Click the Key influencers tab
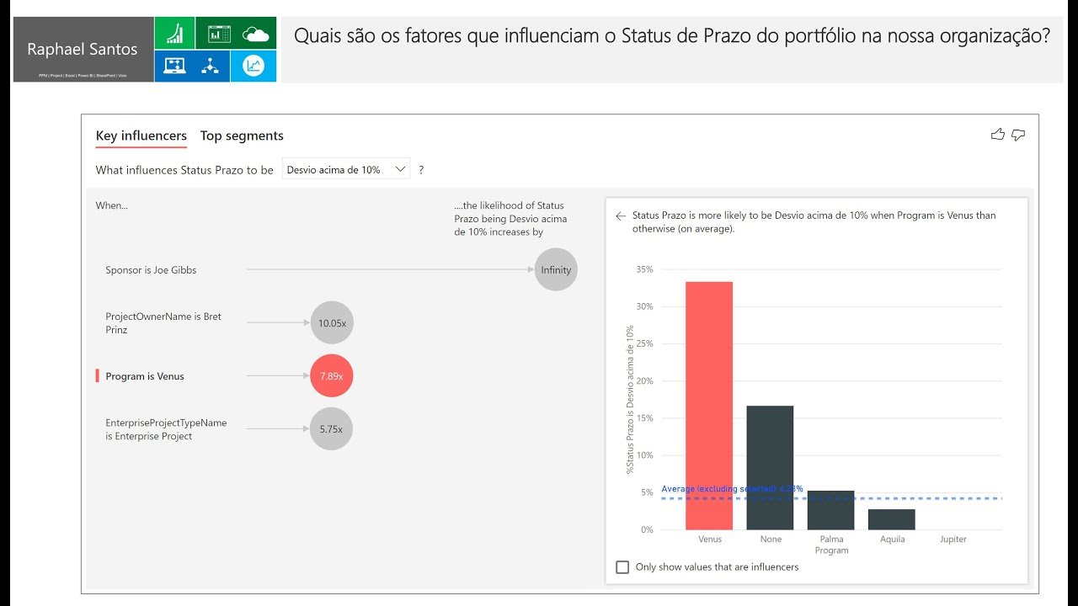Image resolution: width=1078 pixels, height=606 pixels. (141, 136)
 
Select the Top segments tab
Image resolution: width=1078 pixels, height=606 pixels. (242, 136)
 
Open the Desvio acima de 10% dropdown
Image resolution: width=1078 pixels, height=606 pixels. (345, 169)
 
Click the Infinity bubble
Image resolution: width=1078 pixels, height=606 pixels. (556, 270)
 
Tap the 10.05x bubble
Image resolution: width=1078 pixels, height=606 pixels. (332, 323)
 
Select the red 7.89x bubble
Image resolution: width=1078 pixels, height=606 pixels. (332, 376)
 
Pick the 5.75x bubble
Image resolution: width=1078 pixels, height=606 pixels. (332, 429)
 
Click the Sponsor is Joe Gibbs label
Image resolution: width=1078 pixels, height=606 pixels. (151, 270)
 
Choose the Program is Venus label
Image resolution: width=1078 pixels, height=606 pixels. (145, 376)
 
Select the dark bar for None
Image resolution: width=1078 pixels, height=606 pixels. (770, 468)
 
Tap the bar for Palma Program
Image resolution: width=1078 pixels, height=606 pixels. (830, 510)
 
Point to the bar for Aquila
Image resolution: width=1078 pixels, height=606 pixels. (891, 519)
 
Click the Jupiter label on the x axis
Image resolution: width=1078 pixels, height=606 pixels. (953, 540)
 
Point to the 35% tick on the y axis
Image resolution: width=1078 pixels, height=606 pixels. (644, 269)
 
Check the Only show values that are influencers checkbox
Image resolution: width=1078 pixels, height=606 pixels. (622, 567)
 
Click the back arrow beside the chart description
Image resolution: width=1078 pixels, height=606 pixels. (621, 216)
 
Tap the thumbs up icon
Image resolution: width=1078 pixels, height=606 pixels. (998, 135)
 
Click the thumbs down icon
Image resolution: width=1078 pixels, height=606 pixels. (1018, 135)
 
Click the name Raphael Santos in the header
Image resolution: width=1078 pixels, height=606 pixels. (83, 50)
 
